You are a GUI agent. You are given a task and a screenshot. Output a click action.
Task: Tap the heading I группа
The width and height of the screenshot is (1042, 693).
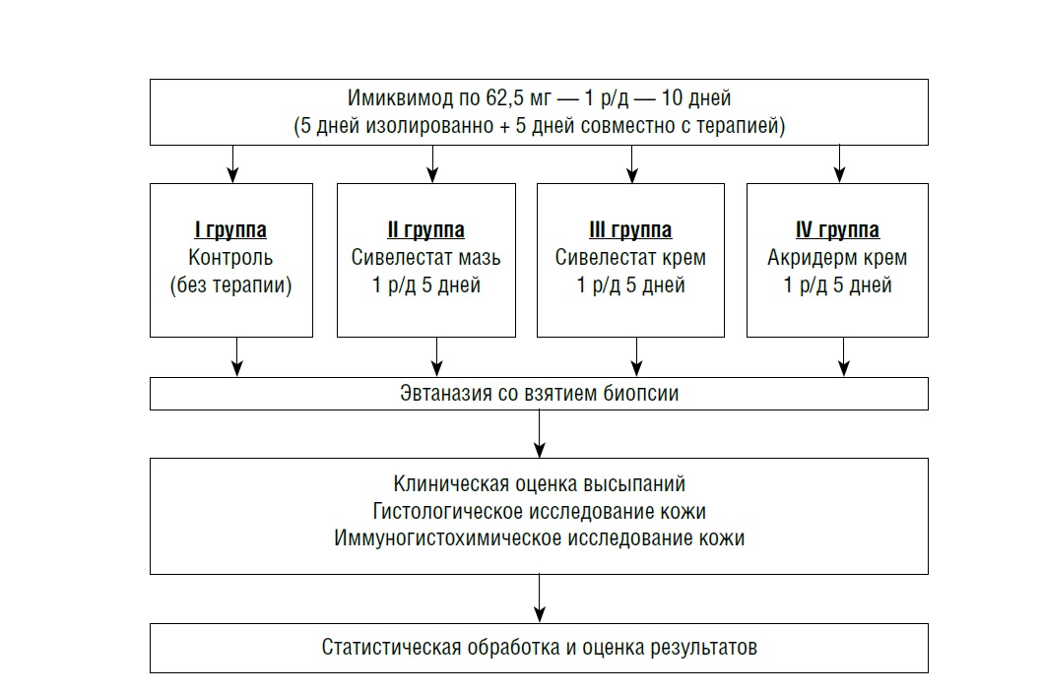[230, 231]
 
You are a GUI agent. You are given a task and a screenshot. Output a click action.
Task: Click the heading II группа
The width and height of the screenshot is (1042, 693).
[425, 231]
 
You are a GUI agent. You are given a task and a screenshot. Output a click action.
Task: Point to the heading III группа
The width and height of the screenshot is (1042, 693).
[630, 231]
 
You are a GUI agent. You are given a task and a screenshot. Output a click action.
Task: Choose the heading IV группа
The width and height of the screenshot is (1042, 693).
[837, 231]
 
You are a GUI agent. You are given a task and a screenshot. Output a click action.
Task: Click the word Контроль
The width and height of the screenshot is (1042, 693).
[230, 259]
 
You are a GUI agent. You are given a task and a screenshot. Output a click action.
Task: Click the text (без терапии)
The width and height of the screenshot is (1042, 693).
[230, 286]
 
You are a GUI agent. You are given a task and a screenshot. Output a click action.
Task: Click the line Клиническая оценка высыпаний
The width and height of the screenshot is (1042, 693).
[539, 484]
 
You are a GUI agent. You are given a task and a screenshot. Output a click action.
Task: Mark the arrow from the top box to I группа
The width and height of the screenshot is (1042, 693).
[233, 163]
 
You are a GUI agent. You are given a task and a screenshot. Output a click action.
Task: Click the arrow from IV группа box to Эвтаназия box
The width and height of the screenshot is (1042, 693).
[843, 356]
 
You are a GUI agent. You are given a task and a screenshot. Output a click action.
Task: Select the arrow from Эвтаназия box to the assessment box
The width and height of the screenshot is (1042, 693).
[540, 433]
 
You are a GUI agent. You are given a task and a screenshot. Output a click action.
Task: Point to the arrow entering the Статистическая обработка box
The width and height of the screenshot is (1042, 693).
[540, 598]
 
